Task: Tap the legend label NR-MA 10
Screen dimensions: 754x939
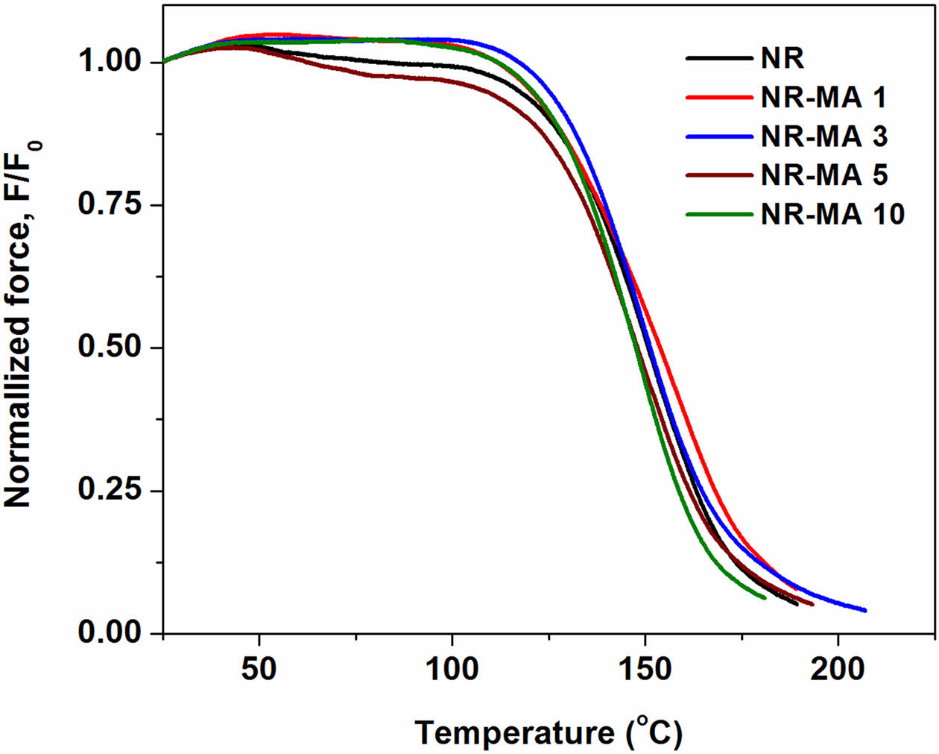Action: [x=832, y=215]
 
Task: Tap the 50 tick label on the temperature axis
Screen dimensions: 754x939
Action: [x=259, y=669]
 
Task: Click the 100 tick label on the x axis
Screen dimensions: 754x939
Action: [x=452, y=669]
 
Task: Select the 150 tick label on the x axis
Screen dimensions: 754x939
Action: [x=645, y=669]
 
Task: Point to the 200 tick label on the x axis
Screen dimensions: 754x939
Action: [x=838, y=669]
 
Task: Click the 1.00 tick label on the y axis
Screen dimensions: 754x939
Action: [x=110, y=63]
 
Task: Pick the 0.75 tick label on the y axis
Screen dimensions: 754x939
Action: [x=110, y=205]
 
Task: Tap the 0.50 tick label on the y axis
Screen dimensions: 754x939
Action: [x=110, y=348]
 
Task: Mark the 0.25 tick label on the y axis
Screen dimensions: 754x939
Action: [x=110, y=491]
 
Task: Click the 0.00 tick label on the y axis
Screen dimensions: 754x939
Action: [x=110, y=633]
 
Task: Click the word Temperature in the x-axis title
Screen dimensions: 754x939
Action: [x=513, y=733]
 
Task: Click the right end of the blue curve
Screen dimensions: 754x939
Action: [x=864, y=610]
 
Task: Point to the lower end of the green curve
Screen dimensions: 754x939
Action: [x=764, y=597]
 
